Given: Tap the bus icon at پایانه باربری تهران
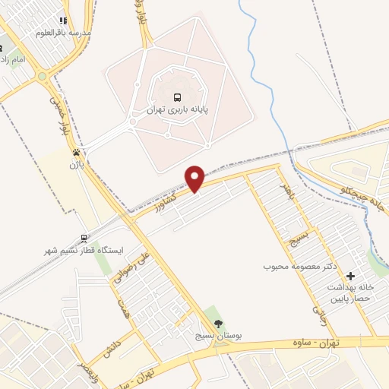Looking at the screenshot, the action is [x=177, y=97].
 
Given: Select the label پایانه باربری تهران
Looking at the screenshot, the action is [x=177, y=111].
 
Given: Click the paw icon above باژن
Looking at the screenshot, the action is [x=75, y=152].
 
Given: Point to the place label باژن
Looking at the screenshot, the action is [x=75, y=163].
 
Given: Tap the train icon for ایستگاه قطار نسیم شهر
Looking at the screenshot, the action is [x=86, y=236].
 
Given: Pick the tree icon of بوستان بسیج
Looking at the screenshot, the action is [x=209, y=323].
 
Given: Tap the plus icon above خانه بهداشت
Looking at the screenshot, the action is [x=349, y=276].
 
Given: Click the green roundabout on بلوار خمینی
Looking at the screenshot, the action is [x=41, y=76].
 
